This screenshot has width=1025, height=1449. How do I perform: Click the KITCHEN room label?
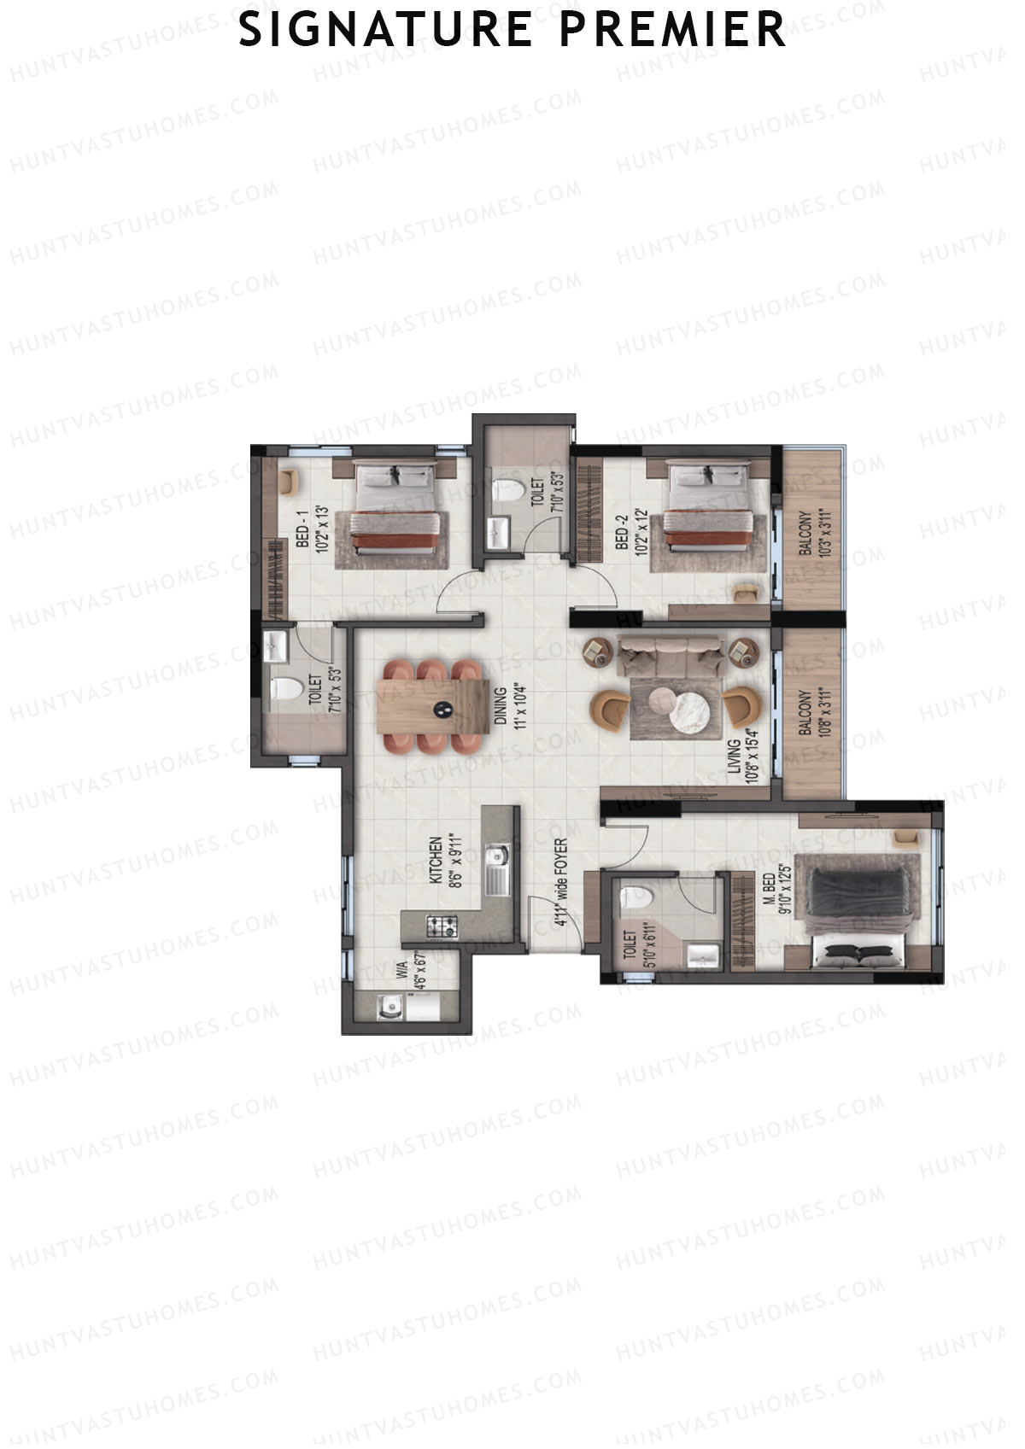(x=435, y=861)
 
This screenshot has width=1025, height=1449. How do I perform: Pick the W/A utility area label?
(x=401, y=970)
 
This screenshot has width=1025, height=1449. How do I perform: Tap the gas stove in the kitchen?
(x=442, y=924)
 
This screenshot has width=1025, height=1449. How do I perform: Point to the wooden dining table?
(x=433, y=705)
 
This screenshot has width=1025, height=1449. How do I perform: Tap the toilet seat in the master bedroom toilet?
(x=636, y=897)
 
